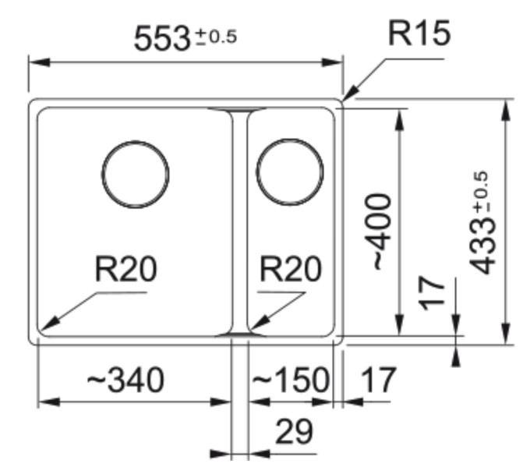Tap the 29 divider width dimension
(x=292, y=430)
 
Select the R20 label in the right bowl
(x=290, y=270)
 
